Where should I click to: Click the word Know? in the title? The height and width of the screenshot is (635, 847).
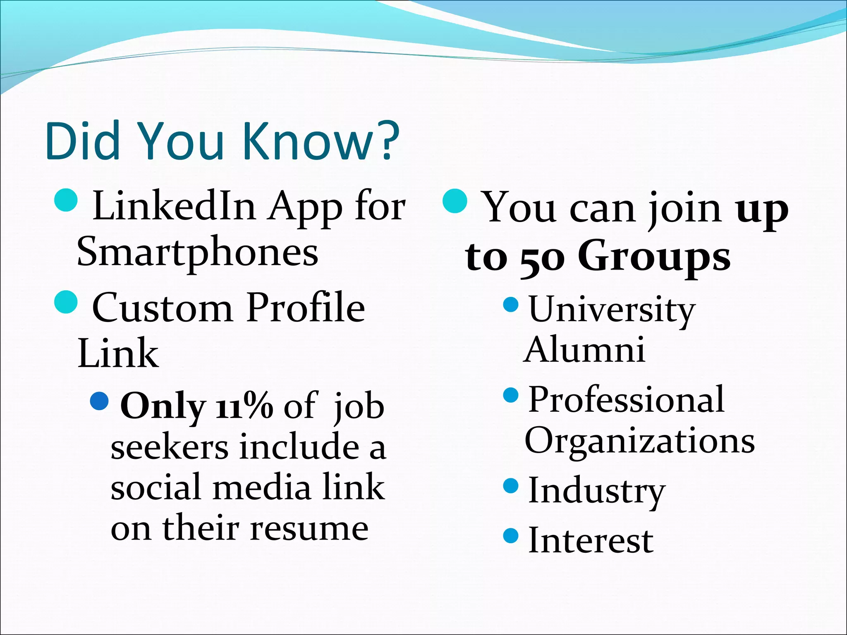tap(321, 141)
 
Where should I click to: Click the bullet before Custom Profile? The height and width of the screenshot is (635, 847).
tap(66, 301)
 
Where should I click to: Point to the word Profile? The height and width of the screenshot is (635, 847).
tap(306, 308)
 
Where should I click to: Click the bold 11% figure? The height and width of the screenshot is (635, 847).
tap(244, 406)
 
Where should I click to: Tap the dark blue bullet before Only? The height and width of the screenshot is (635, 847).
tap(99, 401)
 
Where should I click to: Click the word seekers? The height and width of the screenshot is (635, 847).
tap(170, 448)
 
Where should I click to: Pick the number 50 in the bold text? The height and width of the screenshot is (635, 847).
tap(542, 258)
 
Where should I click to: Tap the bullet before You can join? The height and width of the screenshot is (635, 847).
tap(455, 201)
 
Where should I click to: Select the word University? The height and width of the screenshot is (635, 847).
tap(612, 310)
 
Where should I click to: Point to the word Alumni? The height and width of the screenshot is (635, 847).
tap(584, 350)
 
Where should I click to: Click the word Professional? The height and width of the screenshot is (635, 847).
tap(626, 400)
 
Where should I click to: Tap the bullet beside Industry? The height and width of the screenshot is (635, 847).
tap(511, 485)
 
